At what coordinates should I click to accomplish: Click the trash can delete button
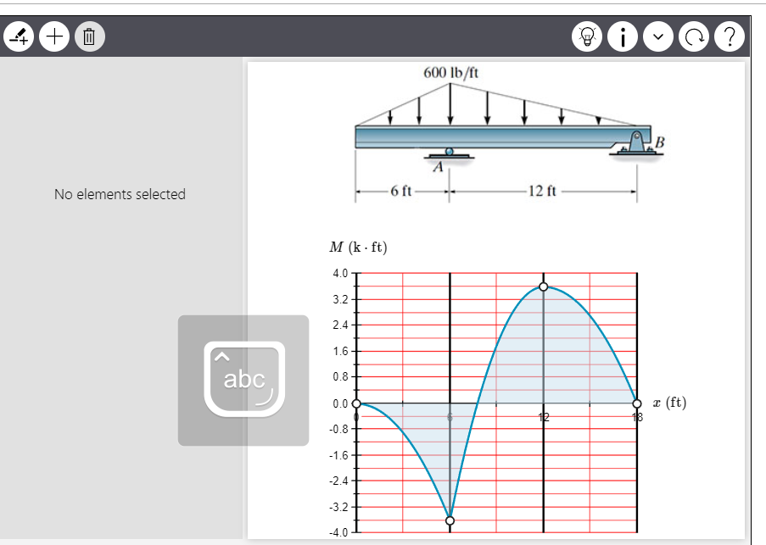pyautogui.click(x=90, y=36)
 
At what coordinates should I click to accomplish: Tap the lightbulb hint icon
pyautogui.click(x=587, y=36)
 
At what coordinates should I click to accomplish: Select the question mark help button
pyautogui.click(x=730, y=36)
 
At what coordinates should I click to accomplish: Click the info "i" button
pyautogui.click(x=623, y=36)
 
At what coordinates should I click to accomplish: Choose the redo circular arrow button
pyautogui.click(x=694, y=36)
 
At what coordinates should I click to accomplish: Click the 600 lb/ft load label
pyautogui.click(x=450, y=72)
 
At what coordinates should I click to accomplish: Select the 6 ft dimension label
pyautogui.click(x=402, y=190)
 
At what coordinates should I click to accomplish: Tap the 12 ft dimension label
pyautogui.click(x=541, y=190)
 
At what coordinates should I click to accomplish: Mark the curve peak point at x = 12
pyautogui.click(x=544, y=287)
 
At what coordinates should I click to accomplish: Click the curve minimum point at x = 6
pyautogui.click(x=450, y=520)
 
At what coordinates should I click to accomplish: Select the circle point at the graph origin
pyautogui.click(x=356, y=403)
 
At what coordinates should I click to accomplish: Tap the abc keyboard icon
pyautogui.click(x=243, y=380)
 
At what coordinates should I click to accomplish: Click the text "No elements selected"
pyautogui.click(x=120, y=194)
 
